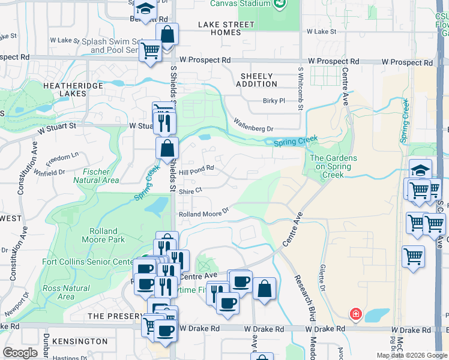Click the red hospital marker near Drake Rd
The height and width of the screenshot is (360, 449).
[x=355, y=314]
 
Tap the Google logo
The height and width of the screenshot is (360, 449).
[x=20, y=353]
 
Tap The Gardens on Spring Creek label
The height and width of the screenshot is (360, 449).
[x=333, y=166]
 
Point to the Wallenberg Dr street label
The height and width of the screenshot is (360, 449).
[x=253, y=128]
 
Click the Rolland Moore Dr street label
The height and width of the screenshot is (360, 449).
[x=204, y=212]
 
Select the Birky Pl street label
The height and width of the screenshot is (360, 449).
[x=273, y=101]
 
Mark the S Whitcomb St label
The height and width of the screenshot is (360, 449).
[x=300, y=88]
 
